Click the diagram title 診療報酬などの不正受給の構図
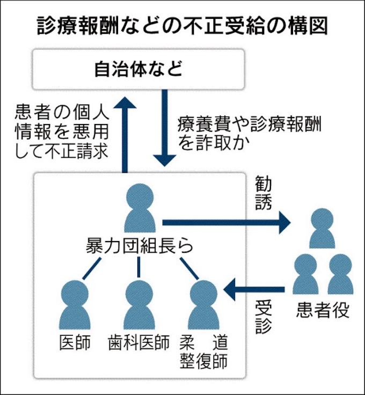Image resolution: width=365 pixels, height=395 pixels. coord(182,26)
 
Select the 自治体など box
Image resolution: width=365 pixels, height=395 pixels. coord(138,70)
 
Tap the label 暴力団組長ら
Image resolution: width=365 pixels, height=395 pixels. coord(138,247)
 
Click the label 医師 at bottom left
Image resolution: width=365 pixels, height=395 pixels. coord(74,342)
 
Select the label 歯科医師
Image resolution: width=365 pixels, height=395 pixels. coord(139,342)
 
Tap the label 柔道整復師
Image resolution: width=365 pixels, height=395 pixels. coord(204,351)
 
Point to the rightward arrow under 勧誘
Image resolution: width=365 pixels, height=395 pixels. coord(225,221)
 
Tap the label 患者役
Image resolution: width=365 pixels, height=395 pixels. coord(323,311)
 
